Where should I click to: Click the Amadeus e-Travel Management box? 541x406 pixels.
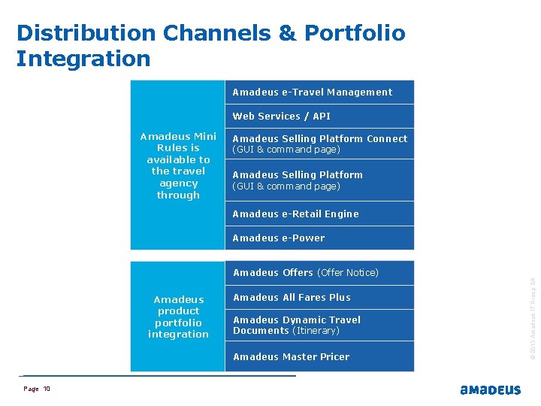(x=319, y=92)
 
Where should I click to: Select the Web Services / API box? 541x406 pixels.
(x=319, y=116)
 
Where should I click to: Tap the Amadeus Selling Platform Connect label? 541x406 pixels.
(x=319, y=139)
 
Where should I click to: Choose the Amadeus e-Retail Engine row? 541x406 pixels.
(x=319, y=214)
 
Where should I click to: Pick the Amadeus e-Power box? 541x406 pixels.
(x=319, y=238)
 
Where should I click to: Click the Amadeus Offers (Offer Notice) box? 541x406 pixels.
(x=319, y=272)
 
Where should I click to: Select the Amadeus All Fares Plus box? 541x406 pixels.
(x=319, y=297)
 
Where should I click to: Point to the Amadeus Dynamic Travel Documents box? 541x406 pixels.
(x=319, y=325)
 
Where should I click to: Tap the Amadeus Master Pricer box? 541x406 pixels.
(x=319, y=356)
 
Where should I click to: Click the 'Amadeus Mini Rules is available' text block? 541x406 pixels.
(x=178, y=165)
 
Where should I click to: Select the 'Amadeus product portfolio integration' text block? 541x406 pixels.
(x=178, y=317)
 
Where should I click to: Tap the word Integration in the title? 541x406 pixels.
(x=83, y=59)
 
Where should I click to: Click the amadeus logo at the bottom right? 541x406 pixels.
(x=490, y=390)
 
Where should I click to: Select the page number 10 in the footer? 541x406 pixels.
(x=47, y=389)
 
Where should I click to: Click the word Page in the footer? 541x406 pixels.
(x=31, y=389)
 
